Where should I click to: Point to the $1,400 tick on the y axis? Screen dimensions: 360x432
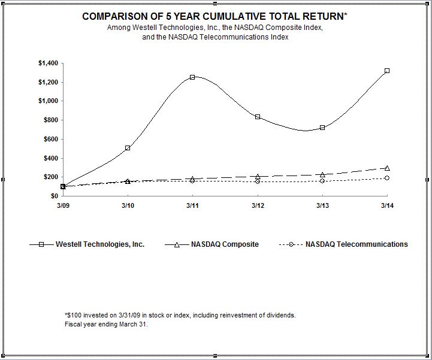pos(48,63)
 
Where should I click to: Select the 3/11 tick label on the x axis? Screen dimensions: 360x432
pos(192,205)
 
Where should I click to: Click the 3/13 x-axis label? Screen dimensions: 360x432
pos(322,205)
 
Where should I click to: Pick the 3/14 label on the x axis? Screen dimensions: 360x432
pos(387,205)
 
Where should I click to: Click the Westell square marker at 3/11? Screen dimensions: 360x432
pos(192,77)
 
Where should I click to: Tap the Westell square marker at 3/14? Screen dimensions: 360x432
pos(387,71)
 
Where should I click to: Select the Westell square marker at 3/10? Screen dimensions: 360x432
pos(128,147)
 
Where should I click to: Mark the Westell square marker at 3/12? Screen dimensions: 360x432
pos(258,117)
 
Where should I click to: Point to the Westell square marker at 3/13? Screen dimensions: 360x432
pos(322,128)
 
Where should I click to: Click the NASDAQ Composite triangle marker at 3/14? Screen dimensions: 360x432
pos(387,168)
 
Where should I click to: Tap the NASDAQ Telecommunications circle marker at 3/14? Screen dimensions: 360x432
pos(387,178)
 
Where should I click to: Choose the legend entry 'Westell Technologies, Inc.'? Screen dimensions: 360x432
pos(100,244)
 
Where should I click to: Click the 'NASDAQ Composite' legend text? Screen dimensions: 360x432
pos(225,244)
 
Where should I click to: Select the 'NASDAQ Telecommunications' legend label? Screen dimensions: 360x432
pos(357,244)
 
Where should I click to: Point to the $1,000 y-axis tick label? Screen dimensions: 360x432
pos(48,101)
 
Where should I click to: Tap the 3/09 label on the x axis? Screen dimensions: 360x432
pos(63,205)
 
